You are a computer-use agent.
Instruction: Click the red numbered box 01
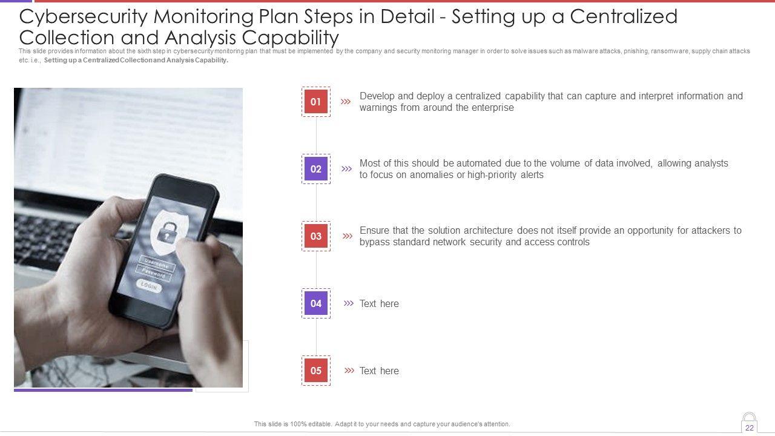316,102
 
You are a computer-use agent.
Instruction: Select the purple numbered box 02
316,169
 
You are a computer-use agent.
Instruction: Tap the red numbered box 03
316,236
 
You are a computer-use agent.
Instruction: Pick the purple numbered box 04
316,303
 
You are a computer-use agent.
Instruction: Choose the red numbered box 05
316,370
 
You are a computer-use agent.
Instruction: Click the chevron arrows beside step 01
346,101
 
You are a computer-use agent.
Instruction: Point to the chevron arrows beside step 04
348,303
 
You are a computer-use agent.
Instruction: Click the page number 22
750,428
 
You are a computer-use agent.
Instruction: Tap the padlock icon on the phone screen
167,232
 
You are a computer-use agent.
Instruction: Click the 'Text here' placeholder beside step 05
379,371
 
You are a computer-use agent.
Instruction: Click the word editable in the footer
319,424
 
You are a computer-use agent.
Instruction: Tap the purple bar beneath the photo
103,390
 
